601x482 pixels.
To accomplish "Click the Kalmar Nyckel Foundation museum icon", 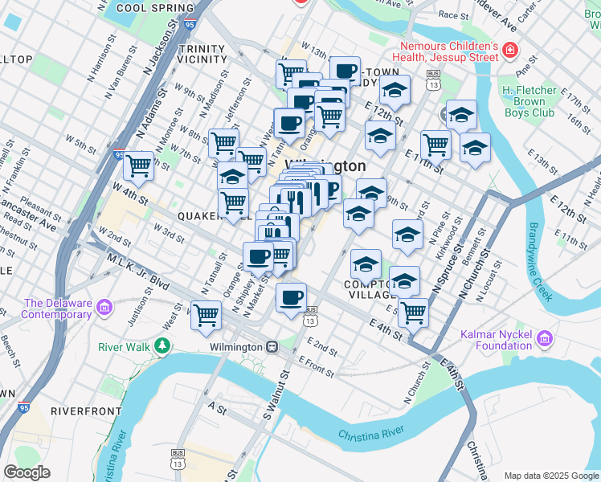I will click(546, 338).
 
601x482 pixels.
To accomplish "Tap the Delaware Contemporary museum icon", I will click(104, 308).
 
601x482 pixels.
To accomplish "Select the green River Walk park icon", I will click(163, 346).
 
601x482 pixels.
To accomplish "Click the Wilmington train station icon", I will click(272, 347).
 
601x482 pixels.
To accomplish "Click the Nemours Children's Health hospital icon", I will click(509, 51).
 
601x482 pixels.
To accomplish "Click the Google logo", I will click(27, 472).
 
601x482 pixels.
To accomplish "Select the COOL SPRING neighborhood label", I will click(155, 8).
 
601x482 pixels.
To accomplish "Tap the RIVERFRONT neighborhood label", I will click(86, 411).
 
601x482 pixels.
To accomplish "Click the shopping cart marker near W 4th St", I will click(139, 165).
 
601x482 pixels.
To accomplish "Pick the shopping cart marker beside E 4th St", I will click(414, 311).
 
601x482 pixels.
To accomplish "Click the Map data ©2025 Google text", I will click(550, 476).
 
